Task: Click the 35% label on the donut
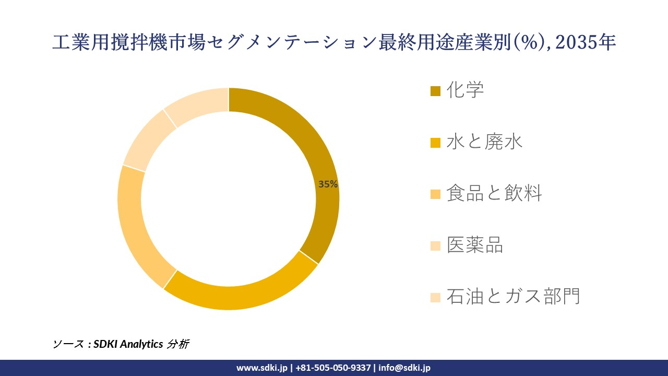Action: tap(328, 184)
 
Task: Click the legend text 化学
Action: tap(466, 90)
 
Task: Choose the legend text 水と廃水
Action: tap(485, 142)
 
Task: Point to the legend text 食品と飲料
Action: tap(494, 194)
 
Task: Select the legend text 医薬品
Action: tap(475, 245)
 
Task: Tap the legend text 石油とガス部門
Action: tap(513, 297)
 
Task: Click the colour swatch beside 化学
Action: tap(435, 91)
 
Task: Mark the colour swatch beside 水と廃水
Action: tap(435, 143)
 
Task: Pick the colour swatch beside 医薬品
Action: tap(435, 246)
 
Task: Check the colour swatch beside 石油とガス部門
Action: tap(435, 298)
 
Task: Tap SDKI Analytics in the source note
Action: tap(128, 344)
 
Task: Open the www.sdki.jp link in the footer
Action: tap(262, 368)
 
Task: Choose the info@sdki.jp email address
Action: tap(404, 368)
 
